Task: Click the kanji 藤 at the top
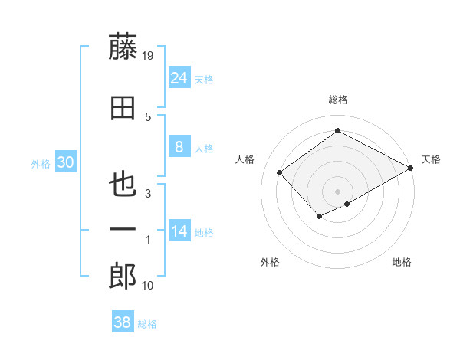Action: (x=123, y=47)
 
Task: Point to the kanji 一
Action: (x=123, y=230)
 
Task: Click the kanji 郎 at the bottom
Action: (x=123, y=277)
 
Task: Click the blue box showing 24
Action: (x=179, y=78)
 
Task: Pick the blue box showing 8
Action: (x=179, y=148)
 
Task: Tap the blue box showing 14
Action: (x=179, y=232)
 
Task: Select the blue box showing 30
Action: (x=65, y=162)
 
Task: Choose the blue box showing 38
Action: (x=123, y=323)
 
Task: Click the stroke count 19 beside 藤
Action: (x=149, y=55)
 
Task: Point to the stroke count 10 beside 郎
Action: (x=148, y=286)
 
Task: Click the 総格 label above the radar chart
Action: (x=337, y=100)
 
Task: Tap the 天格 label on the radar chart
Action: (x=431, y=159)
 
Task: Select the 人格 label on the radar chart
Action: (x=245, y=159)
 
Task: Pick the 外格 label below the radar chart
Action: (x=270, y=262)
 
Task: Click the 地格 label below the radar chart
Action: (x=402, y=262)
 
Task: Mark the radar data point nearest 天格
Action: (x=412, y=167)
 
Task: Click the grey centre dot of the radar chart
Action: (x=337, y=190)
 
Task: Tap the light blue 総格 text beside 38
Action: (x=147, y=324)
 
